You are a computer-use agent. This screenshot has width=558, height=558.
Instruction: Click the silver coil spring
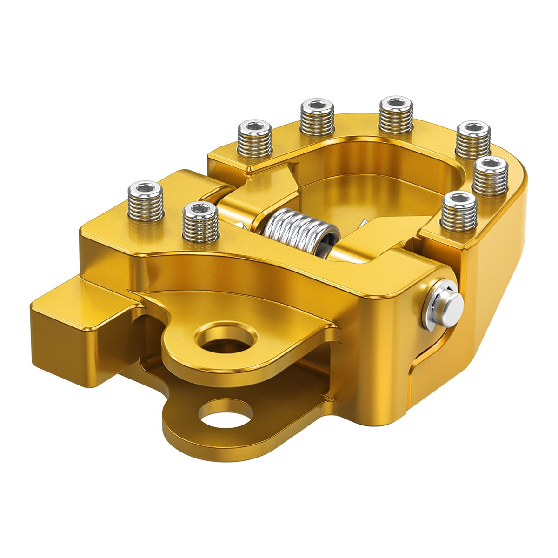pyautogui.click(x=298, y=232)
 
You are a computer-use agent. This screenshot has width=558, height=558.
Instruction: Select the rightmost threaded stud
pyautogui.click(x=491, y=177)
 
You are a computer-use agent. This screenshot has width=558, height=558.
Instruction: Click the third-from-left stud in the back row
pyautogui.click(x=396, y=115)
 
